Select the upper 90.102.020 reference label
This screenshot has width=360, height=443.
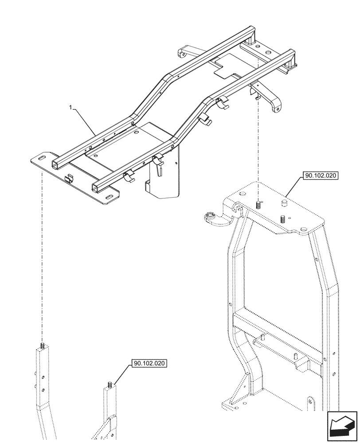(x=321, y=175)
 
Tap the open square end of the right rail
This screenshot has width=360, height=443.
(x=96, y=188)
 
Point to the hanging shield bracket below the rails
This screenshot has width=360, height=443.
(x=162, y=179)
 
